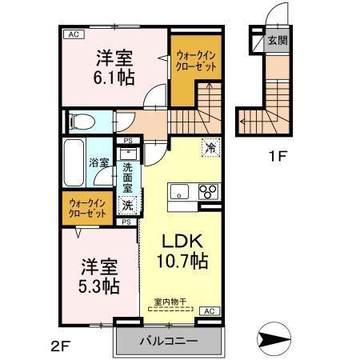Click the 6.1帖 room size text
[x=115, y=78]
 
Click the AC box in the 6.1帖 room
[x=73, y=34]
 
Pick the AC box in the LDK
[x=209, y=310]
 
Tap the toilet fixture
[x=81, y=122]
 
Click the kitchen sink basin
[x=178, y=192]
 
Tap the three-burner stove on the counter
[x=208, y=192]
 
